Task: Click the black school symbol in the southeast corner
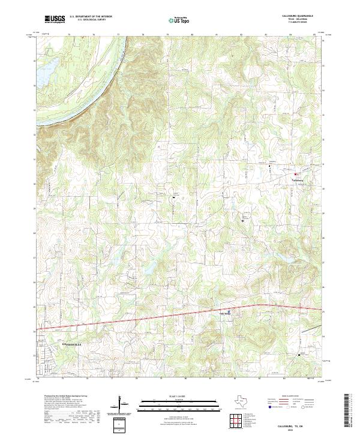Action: (299, 355)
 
